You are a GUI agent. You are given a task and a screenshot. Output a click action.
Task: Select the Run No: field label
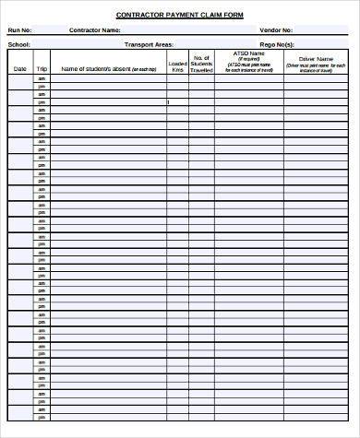19,30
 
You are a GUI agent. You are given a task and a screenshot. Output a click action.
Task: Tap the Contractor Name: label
95,30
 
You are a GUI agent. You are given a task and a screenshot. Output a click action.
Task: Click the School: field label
18,43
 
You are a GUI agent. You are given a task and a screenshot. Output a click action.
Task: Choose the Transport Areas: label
149,43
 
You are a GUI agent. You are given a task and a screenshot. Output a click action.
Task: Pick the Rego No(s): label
277,43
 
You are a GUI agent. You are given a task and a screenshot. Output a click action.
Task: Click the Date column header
19,69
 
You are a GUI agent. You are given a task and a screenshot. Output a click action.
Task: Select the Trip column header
42,69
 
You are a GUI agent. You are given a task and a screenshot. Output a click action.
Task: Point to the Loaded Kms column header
176,66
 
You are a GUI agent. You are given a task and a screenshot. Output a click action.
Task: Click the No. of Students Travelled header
202,63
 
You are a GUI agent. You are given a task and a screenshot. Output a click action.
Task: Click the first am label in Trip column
42,79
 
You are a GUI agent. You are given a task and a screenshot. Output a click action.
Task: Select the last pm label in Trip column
42,431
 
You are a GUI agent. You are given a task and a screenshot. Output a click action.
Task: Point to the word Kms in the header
176,70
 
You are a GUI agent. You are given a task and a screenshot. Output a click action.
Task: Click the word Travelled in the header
202,70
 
